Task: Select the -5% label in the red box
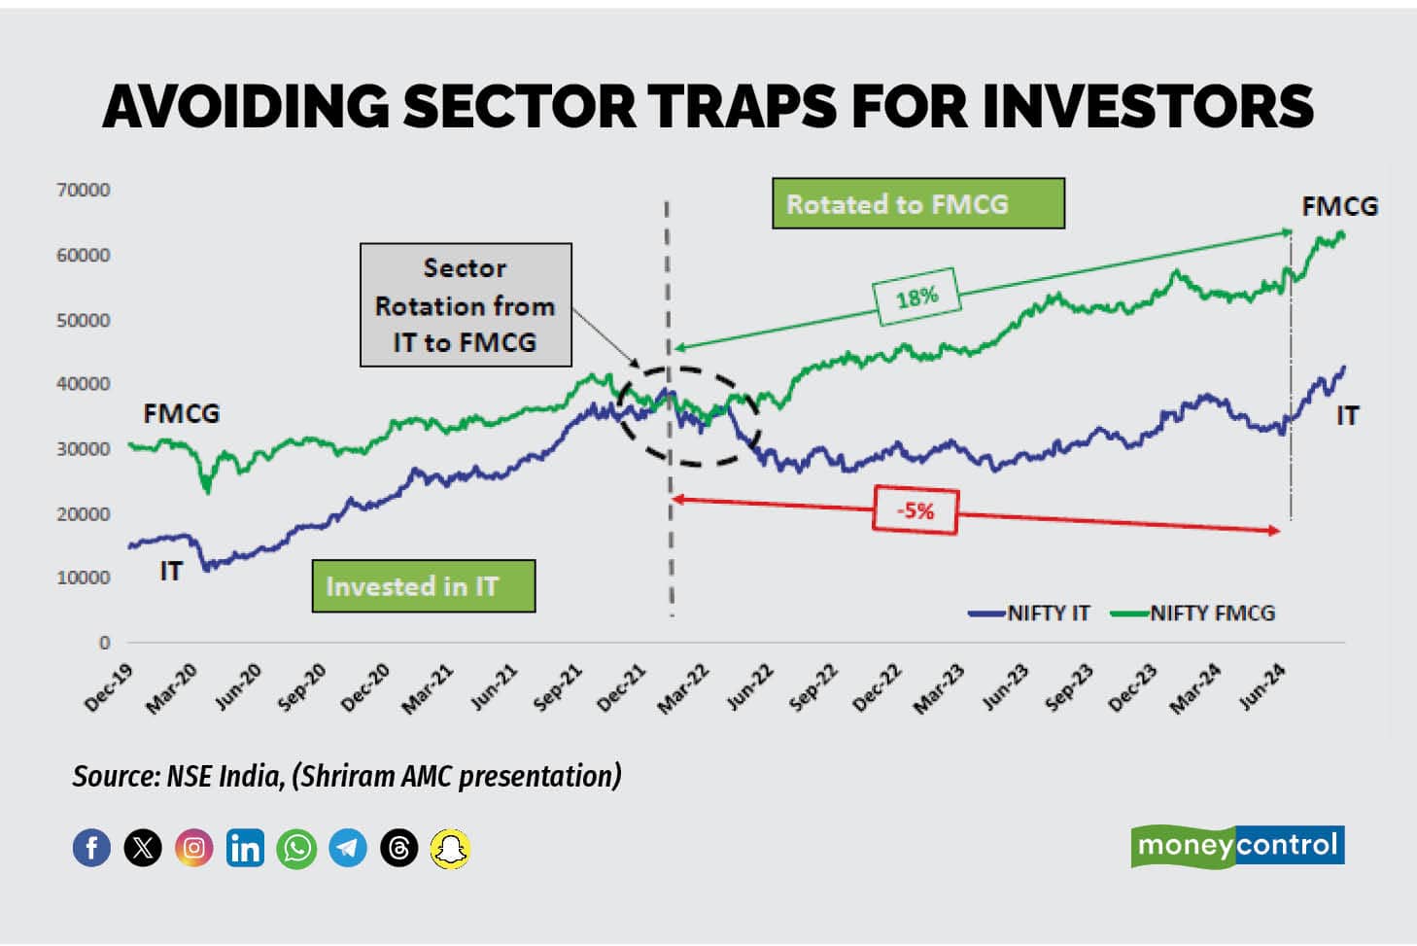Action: coord(915,510)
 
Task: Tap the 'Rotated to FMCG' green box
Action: coord(917,203)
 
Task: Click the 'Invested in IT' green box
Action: coord(423,586)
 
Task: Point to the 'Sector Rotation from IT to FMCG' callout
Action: coord(466,304)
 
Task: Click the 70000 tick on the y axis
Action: coord(84,190)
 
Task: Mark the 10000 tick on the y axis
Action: coord(84,578)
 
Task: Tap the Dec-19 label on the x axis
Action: coord(109,688)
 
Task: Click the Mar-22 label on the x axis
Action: coord(683,688)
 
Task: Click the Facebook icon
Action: coord(92,849)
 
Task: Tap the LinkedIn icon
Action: coord(245,849)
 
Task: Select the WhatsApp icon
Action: coord(296,849)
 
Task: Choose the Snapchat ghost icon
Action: coord(450,849)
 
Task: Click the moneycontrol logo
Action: coord(1237,845)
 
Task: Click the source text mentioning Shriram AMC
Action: coord(347,776)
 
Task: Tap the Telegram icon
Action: coord(348,849)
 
